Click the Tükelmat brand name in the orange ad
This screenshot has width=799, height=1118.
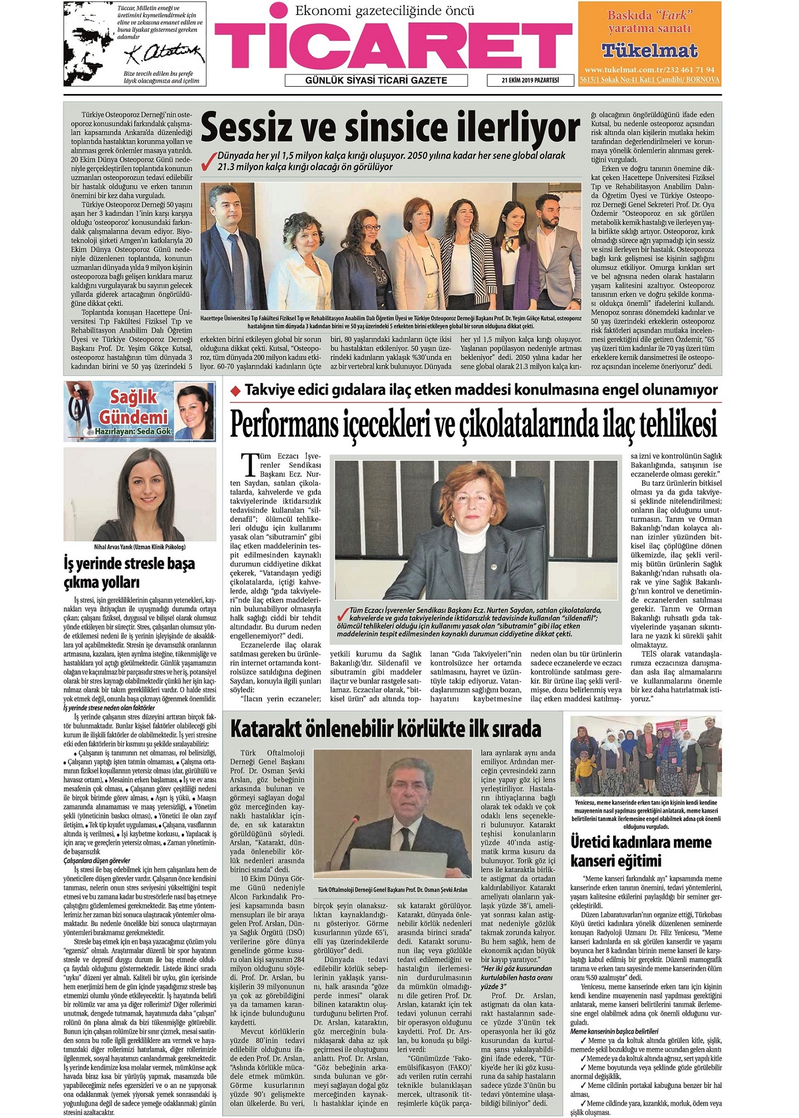click(649, 51)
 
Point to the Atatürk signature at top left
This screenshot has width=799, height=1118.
click(164, 55)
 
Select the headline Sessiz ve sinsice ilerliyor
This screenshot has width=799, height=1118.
click(389, 128)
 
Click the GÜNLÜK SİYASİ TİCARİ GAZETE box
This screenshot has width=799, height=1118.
click(376, 81)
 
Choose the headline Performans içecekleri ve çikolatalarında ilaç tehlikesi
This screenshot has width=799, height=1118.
click(473, 424)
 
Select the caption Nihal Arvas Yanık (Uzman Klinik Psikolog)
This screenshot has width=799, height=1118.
click(140, 547)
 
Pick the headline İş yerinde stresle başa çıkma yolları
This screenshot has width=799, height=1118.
click(129, 573)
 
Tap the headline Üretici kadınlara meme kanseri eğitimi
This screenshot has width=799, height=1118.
click(640, 852)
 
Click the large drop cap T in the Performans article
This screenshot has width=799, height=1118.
click(249, 463)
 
